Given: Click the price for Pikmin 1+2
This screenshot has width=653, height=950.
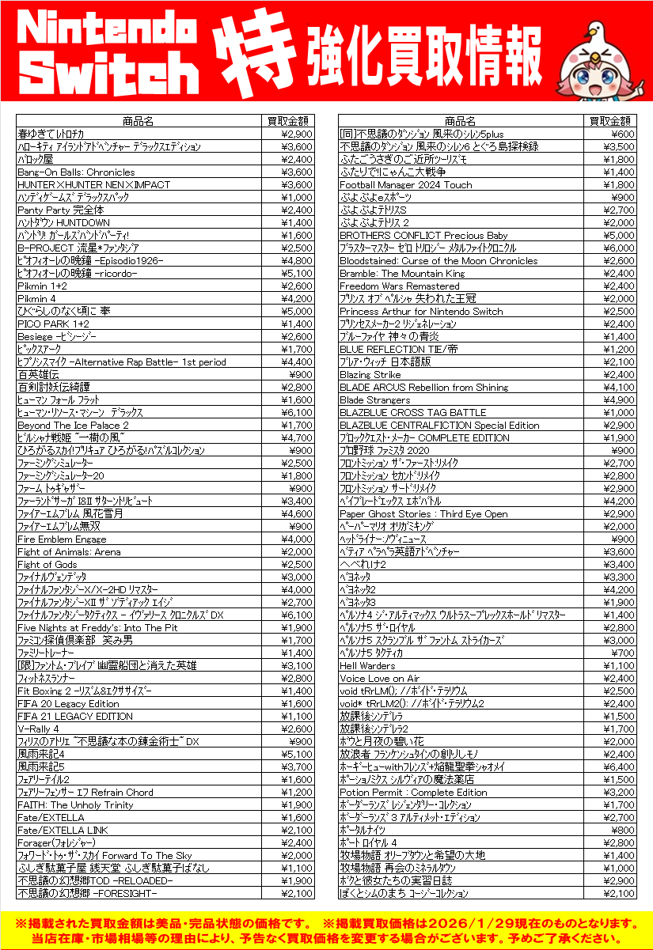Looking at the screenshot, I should tap(298, 286).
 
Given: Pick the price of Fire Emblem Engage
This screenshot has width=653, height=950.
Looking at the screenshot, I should tap(298, 539).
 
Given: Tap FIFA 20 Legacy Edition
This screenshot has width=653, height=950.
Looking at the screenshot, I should tap(68, 704).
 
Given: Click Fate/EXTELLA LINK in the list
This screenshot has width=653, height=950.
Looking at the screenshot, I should tap(63, 831).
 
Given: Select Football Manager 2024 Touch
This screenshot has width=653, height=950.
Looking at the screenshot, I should tap(405, 185).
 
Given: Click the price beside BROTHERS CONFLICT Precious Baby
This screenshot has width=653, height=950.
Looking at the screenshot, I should tap(619, 236).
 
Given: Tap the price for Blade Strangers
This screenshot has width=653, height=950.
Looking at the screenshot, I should tap(619, 400).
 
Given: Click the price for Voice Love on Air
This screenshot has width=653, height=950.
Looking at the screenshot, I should tap(619, 679).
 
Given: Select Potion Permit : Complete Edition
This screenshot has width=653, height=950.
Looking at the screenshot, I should tap(413, 793).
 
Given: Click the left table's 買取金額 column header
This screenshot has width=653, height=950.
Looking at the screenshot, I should tap(288, 121).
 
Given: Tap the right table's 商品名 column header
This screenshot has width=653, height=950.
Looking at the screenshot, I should tap(460, 121).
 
